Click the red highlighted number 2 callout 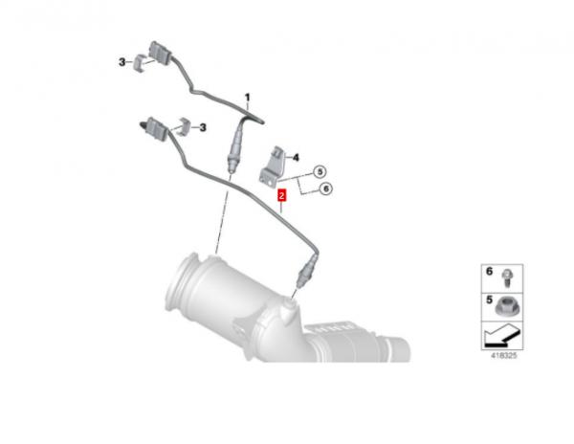(281, 195)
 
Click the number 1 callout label (248, 98)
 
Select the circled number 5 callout (320, 171)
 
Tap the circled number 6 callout (325, 189)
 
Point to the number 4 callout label (296, 157)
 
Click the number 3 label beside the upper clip (121, 62)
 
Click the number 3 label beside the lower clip (203, 127)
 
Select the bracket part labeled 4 (272, 166)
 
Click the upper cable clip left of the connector (139, 63)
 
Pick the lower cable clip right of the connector (184, 126)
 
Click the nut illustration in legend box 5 (506, 306)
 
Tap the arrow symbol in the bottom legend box (501, 336)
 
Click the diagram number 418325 (504, 355)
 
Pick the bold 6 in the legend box (490, 272)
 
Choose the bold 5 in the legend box (490, 300)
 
